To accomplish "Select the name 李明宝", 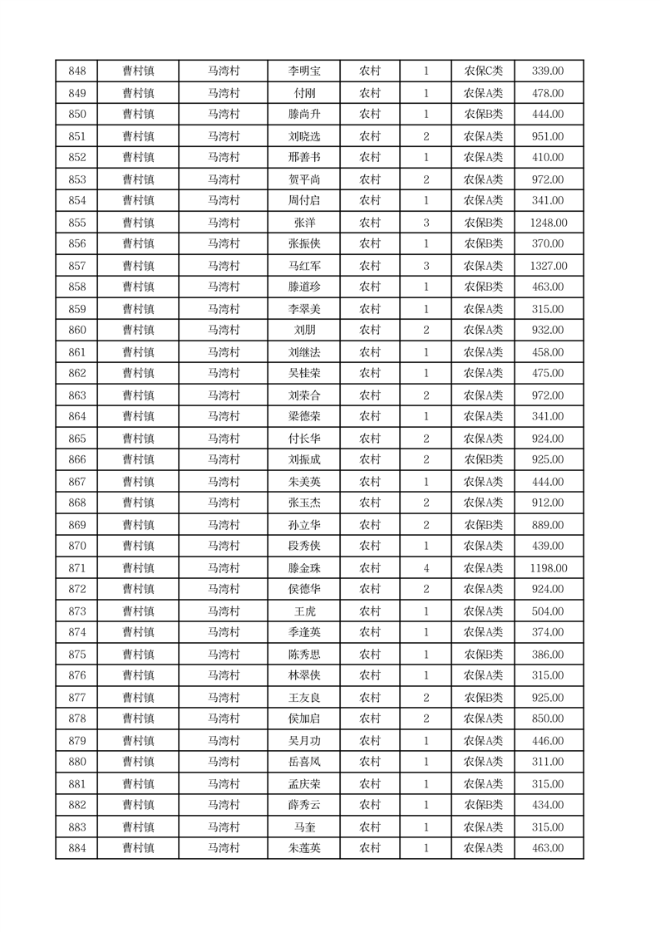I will pyautogui.click(x=303, y=71).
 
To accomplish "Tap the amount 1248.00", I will pyautogui.click(x=548, y=223).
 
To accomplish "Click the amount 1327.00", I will pyautogui.click(x=548, y=266).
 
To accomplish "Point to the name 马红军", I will pyautogui.click(x=303, y=266).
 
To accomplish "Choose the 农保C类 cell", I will pyautogui.click(x=483, y=71).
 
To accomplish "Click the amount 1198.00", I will pyautogui.click(x=548, y=568).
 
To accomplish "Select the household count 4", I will pyautogui.click(x=426, y=568).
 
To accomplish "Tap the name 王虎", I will pyautogui.click(x=303, y=611).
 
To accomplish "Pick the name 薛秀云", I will pyautogui.click(x=303, y=805).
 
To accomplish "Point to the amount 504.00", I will pyautogui.click(x=548, y=611).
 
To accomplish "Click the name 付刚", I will pyautogui.click(x=303, y=93).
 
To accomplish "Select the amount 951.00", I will pyautogui.click(x=548, y=136).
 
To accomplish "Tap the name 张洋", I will pyautogui.click(x=303, y=223).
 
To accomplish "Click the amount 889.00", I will pyautogui.click(x=548, y=525).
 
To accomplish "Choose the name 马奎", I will pyautogui.click(x=303, y=827).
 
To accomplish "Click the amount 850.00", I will pyautogui.click(x=548, y=719).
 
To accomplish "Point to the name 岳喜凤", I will pyautogui.click(x=303, y=762).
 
